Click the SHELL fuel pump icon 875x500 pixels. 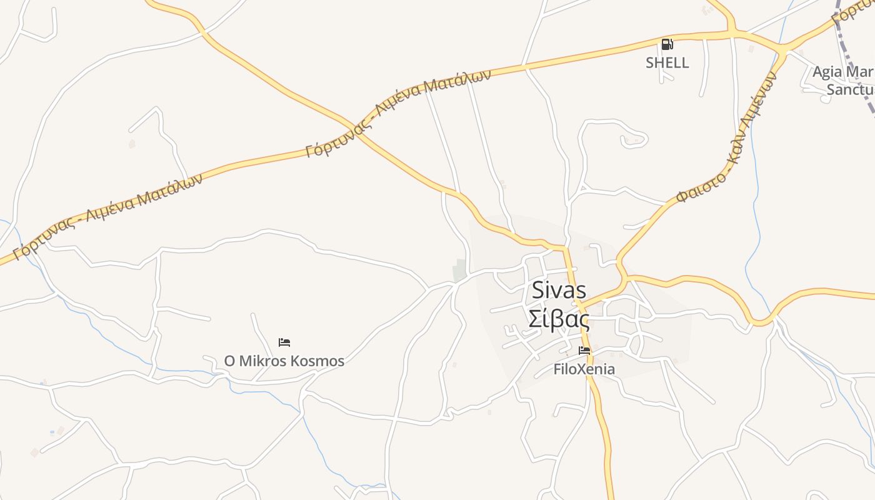coord(667,44)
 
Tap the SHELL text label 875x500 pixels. coord(667,62)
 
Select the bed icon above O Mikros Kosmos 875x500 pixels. coord(284,342)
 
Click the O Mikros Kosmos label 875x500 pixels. coord(284,361)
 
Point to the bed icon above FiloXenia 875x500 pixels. coord(584,351)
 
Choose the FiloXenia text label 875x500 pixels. coord(584,369)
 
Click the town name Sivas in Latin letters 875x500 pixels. coord(559,290)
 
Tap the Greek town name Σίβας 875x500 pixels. coord(559,319)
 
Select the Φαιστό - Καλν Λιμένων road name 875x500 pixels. coord(728,137)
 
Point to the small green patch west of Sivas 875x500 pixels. coord(460,270)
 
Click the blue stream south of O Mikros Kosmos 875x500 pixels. coord(262,392)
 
